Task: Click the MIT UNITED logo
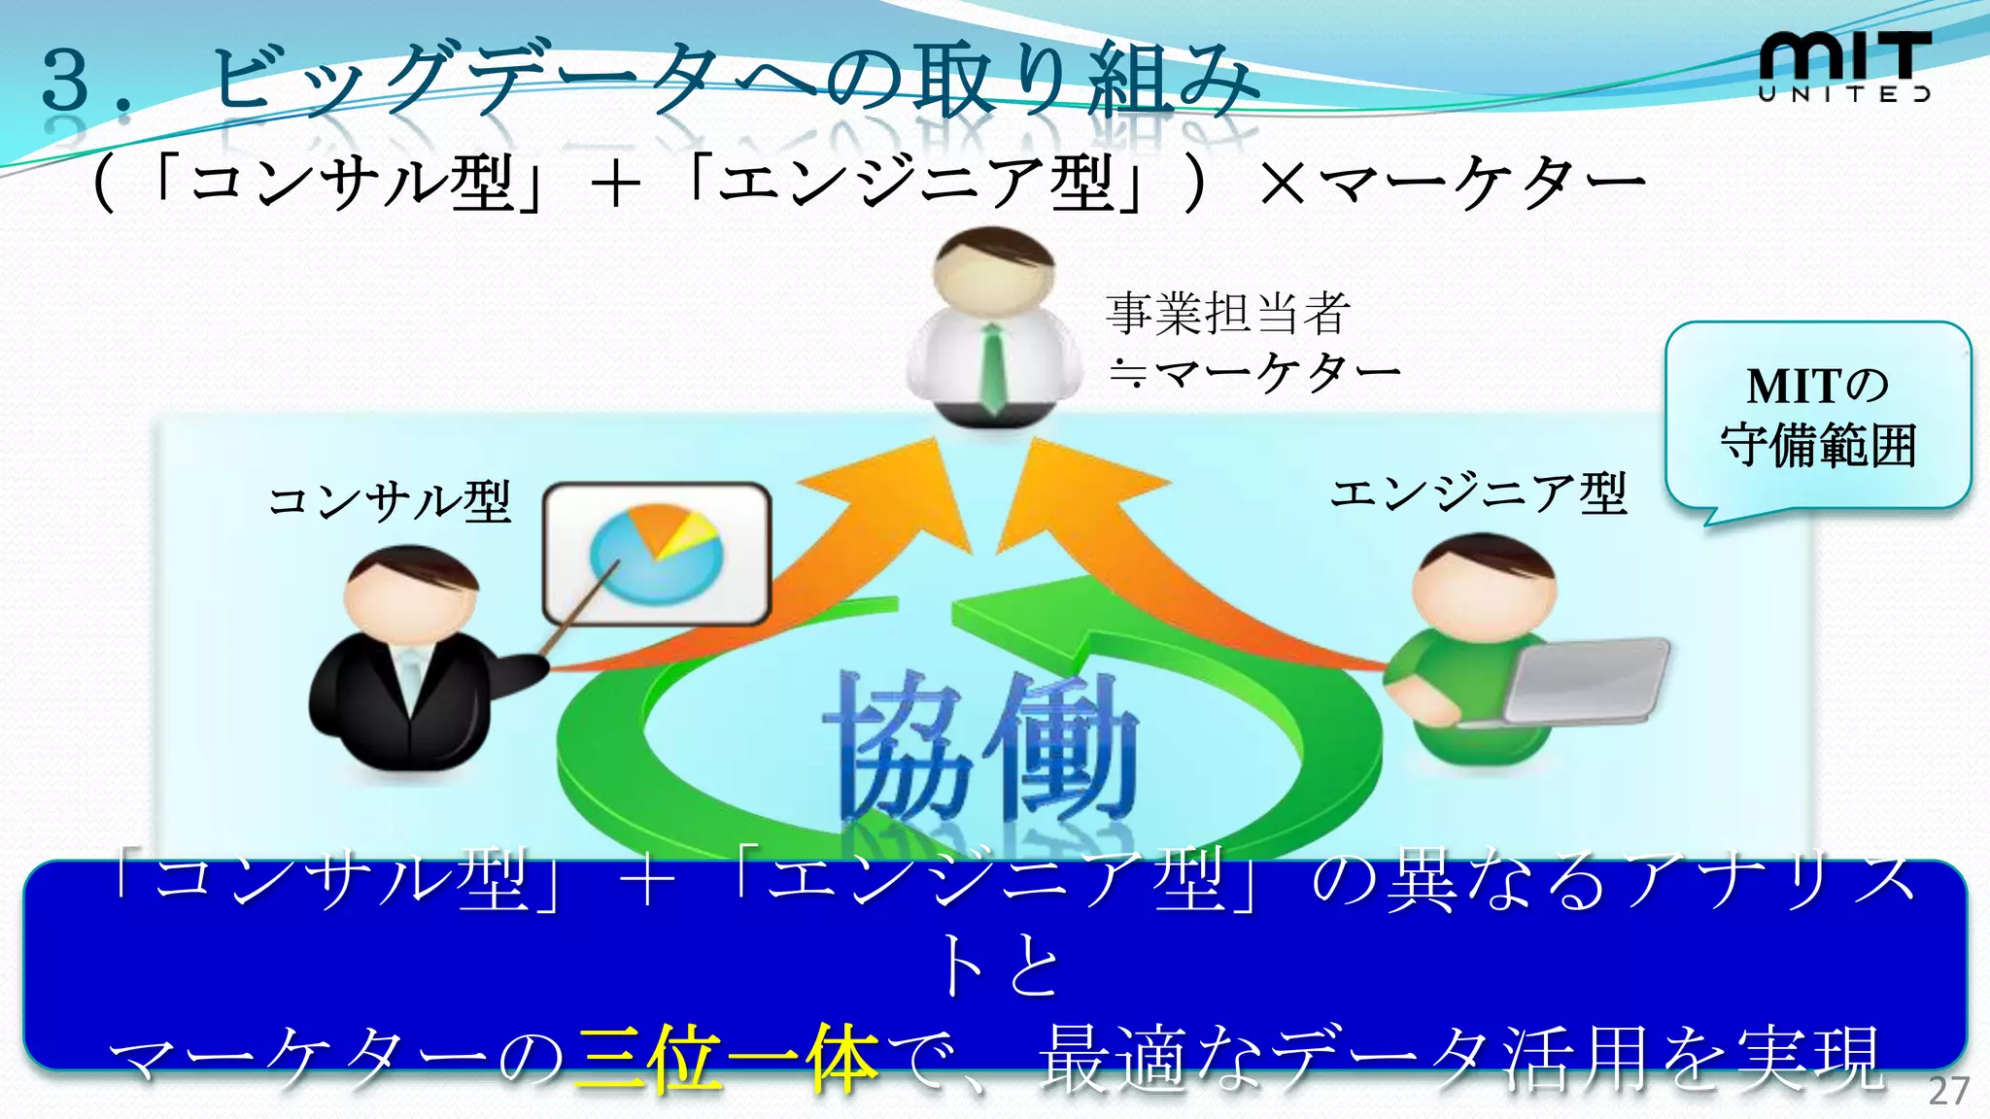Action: tap(1844, 66)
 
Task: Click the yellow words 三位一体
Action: tap(727, 1059)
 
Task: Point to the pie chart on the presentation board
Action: tap(657, 554)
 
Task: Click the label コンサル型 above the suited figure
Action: tap(389, 501)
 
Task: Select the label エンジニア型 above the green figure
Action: tap(1477, 493)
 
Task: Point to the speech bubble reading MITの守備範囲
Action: tap(1817, 416)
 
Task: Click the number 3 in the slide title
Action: tap(66, 80)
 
